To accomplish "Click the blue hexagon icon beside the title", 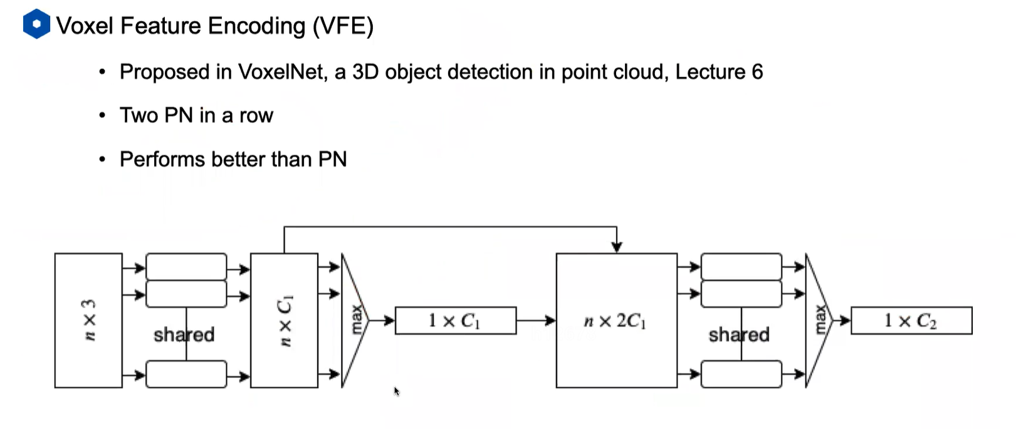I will (x=36, y=24).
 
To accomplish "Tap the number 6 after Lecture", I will (x=757, y=72).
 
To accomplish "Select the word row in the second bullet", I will (x=256, y=116).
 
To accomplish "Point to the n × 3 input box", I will (x=88, y=320).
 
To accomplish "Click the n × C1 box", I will (x=284, y=320).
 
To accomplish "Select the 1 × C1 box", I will (x=455, y=321).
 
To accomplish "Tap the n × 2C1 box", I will (x=616, y=321).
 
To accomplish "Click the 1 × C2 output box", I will (x=911, y=321).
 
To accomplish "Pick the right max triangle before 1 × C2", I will (x=817, y=320).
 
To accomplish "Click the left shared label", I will (x=184, y=334).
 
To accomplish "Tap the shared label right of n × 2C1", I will (x=739, y=334).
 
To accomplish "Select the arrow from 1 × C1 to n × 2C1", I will (x=536, y=321).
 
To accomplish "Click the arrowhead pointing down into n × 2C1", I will (x=617, y=247).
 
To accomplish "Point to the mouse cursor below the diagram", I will (x=396, y=391).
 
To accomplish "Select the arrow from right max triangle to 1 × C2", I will (x=841, y=321).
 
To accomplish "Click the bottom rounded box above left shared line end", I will (x=186, y=375).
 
